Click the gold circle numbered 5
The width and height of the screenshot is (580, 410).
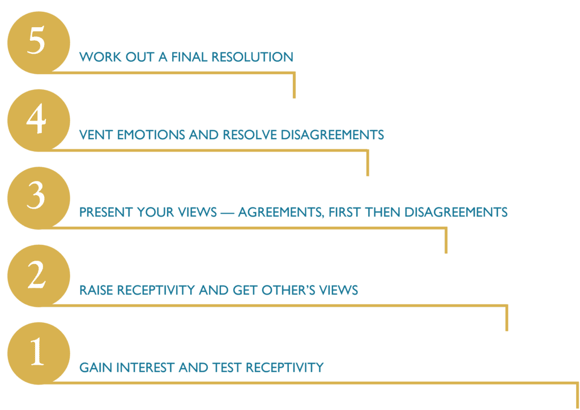click(39, 42)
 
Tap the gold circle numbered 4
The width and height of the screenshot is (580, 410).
click(39, 120)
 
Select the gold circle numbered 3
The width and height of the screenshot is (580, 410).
click(39, 198)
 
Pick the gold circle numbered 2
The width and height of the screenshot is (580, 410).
click(39, 275)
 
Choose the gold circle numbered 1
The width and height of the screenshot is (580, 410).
click(39, 353)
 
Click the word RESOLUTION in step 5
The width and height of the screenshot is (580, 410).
click(252, 57)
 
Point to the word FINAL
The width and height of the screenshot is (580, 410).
click(189, 57)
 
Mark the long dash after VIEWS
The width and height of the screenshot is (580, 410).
click(227, 213)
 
